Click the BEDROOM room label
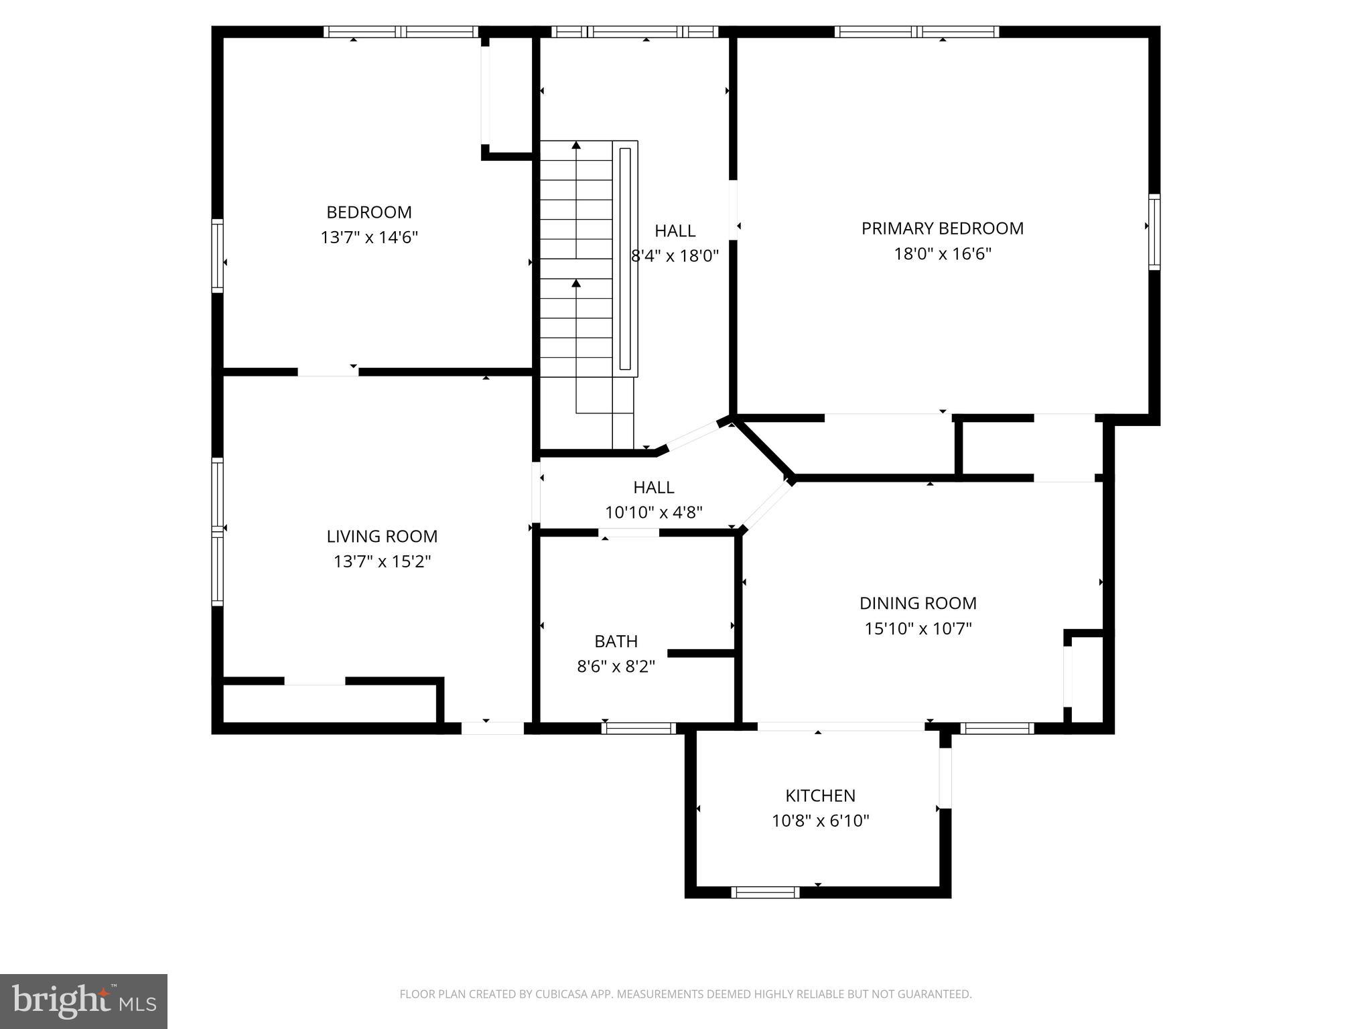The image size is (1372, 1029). coord(369,212)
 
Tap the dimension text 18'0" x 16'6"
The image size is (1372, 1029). coord(942,254)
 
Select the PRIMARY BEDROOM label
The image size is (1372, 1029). coord(942,228)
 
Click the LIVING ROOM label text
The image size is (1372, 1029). coord(382,536)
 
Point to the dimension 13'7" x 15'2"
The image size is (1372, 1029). coord(382,561)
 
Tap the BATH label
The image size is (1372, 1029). coord(616,641)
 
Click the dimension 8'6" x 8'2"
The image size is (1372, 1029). coord(616,667)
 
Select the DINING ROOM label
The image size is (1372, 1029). coord(918,603)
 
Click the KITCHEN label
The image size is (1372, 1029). coord(820,795)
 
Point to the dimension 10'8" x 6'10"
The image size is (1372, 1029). coord(820,821)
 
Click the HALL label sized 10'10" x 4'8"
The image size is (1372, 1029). coord(653,487)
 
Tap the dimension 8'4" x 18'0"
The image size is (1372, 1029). coord(675,255)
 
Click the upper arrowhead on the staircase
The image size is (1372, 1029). coord(576,145)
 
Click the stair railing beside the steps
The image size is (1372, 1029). coord(625,259)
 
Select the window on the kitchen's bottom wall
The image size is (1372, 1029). coord(765,892)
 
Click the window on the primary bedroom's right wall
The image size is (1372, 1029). coord(1154,232)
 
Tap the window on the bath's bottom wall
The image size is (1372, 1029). coord(638,728)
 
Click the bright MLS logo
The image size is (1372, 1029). coord(84,1001)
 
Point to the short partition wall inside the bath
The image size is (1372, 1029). coord(701,653)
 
